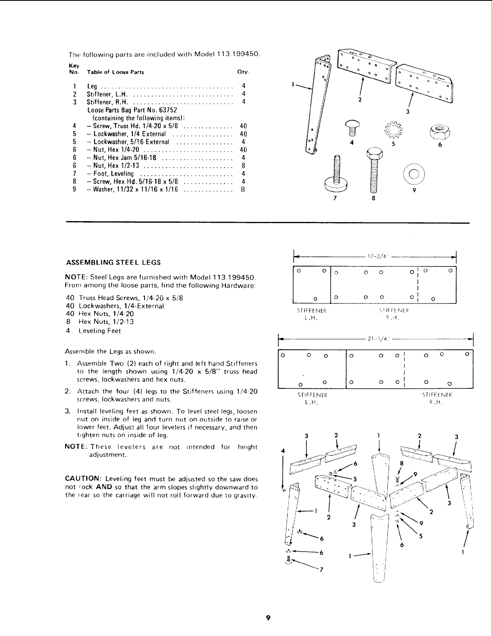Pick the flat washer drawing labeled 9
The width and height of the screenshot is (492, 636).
coord(414,174)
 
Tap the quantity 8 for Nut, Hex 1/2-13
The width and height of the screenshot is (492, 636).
coord(243,166)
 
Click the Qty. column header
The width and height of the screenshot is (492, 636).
coord(244,72)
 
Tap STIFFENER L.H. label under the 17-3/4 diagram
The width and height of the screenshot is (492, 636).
coord(311,314)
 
